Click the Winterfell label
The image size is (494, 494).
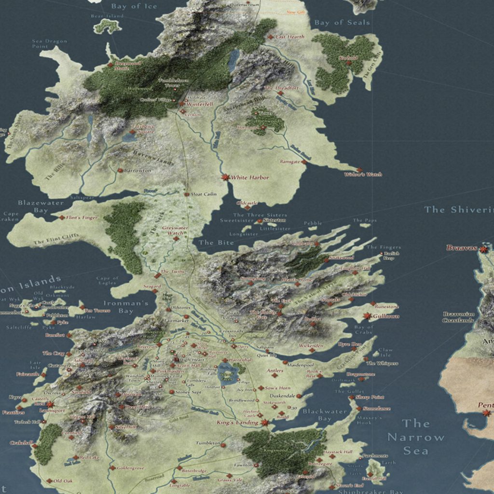(x=200, y=104)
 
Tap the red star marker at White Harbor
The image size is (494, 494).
(x=225, y=177)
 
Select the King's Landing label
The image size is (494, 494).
(x=237, y=423)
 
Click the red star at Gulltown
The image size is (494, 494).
(x=368, y=316)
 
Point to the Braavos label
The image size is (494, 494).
(x=461, y=248)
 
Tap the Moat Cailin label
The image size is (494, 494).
(x=204, y=194)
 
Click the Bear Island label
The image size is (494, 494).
(x=107, y=16)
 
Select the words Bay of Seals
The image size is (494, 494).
(x=342, y=22)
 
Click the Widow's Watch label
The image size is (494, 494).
(x=363, y=175)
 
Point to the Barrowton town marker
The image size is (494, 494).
(x=120, y=170)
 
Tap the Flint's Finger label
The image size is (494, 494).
(x=82, y=218)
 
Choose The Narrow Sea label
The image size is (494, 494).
(x=416, y=437)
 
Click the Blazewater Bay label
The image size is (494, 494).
(x=41, y=206)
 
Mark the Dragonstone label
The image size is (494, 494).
(x=361, y=374)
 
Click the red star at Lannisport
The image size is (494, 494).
(x=50, y=404)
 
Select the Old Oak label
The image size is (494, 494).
(x=63, y=481)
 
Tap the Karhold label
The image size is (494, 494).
(x=348, y=58)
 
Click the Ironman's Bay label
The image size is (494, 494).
(x=126, y=307)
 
